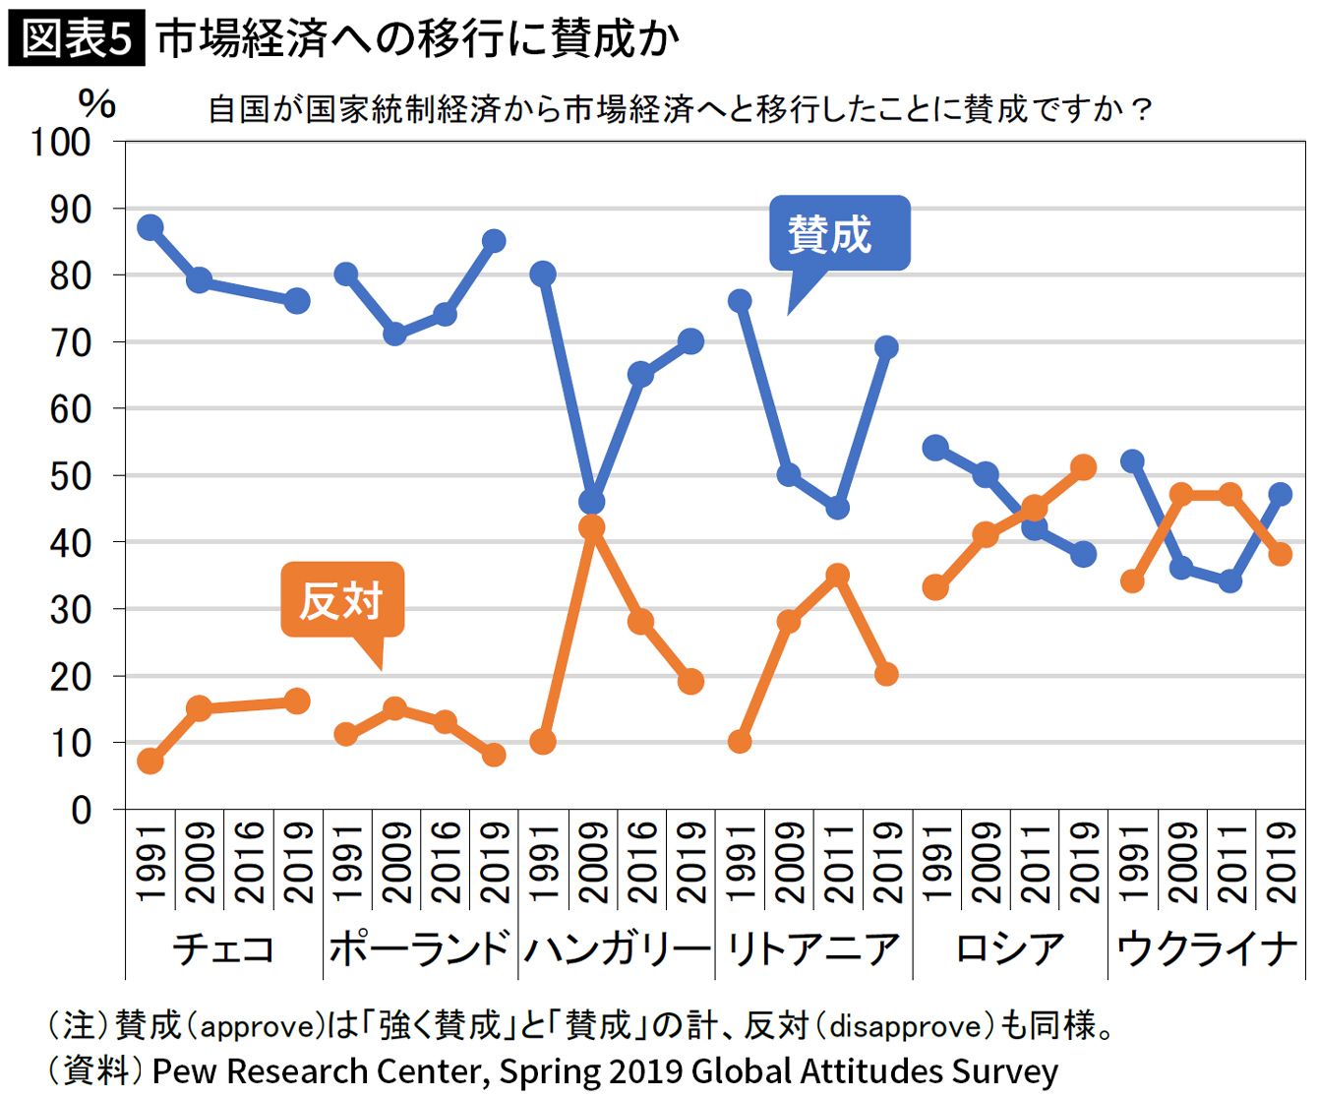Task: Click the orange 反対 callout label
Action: pos(341,599)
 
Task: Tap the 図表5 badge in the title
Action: pos(77,39)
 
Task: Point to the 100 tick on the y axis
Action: pos(61,142)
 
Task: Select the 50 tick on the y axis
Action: pos(70,476)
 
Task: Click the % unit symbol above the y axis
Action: pos(96,103)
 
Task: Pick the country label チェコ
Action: pos(223,948)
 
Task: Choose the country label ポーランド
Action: pos(420,948)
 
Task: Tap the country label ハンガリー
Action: pos(617,948)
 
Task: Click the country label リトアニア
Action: pos(813,948)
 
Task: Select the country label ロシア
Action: pos(1010,948)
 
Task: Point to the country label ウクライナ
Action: pos(1207,948)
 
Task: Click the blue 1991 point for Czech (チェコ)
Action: pos(150,227)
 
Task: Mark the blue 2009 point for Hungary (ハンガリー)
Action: pos(591,502)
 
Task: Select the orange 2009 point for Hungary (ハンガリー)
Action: pos(591,528)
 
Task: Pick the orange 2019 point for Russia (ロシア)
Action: pos(1083,467)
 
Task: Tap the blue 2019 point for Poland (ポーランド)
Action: pos(494,241)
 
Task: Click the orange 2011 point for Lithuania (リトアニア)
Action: pos(837,576)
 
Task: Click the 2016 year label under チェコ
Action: pos(249,862)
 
